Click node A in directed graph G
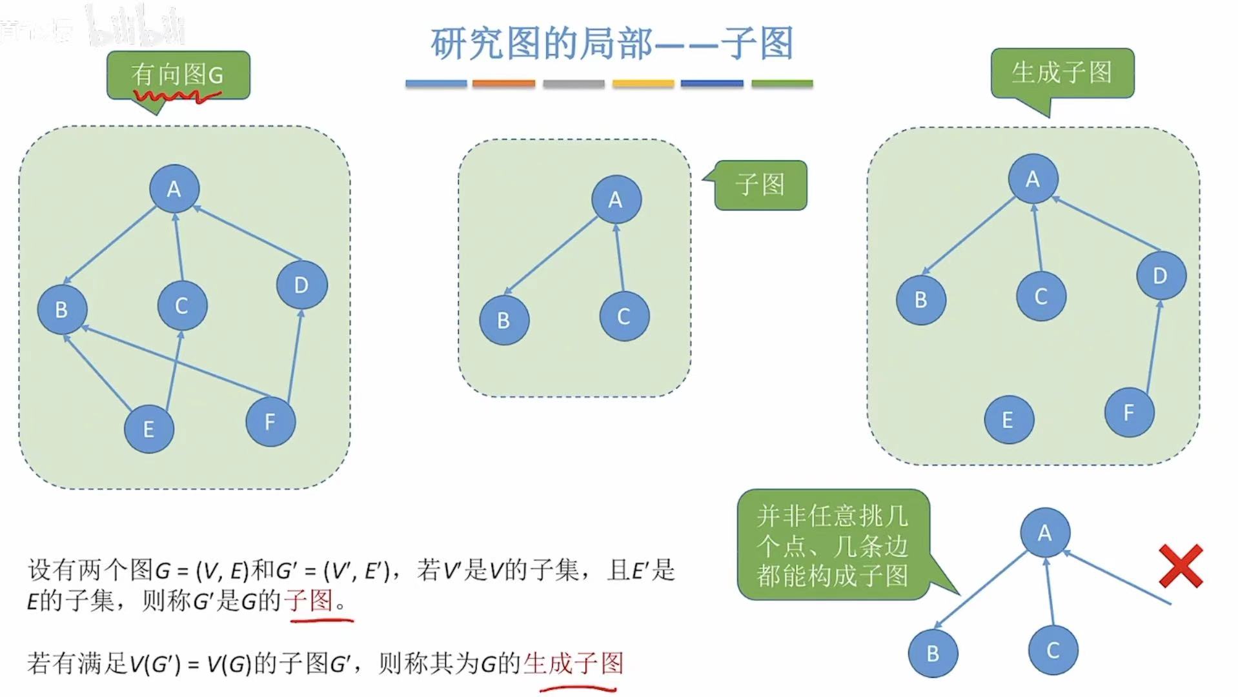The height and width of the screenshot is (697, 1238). pos(174,188)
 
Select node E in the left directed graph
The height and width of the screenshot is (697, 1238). pos(149,429)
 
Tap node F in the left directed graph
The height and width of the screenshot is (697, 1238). pos(270,421)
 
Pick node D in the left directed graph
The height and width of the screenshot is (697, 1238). pos(301,285)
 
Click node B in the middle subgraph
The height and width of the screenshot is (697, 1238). pos(504,319)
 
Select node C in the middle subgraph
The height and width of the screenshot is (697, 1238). pos(624,316)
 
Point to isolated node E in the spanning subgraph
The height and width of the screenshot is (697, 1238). pos(1008,419)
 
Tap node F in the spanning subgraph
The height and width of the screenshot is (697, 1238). pos(1129,412)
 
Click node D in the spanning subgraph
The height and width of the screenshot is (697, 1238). pos(1161,276)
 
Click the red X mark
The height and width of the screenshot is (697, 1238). pos(1181,566)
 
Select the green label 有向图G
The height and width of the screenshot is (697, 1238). pos(178,75)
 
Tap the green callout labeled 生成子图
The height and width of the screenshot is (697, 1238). pos(1062,73)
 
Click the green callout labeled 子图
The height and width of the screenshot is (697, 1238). pos(760,185)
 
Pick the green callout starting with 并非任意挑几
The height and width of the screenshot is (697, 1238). pos(833,545)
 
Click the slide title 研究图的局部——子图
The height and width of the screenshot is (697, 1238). pos(612,44)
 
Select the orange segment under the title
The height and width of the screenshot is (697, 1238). pos(503,83)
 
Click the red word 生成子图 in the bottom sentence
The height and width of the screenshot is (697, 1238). pos(573,663)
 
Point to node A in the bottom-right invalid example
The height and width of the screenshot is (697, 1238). pos(1045,532)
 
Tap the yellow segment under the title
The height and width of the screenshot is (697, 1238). pos(643,83)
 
